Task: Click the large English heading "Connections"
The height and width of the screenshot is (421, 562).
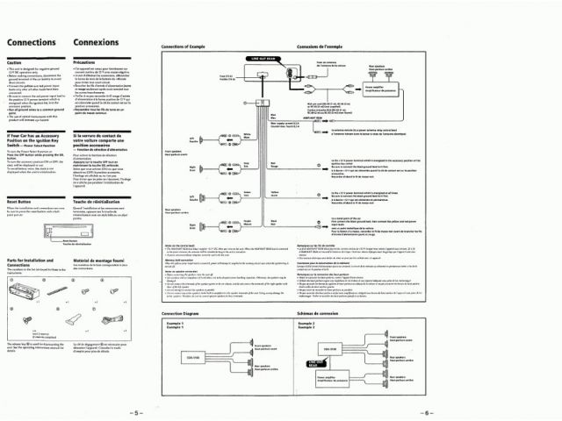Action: [x=32, y=42]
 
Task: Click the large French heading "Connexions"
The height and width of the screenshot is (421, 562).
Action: [x=97, y=42]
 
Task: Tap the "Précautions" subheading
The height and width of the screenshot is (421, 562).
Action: [x=84, y=63]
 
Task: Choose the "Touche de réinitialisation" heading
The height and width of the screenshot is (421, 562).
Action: [x=101, y=201]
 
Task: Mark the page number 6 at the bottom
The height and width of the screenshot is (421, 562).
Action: [x=425, y=411]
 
